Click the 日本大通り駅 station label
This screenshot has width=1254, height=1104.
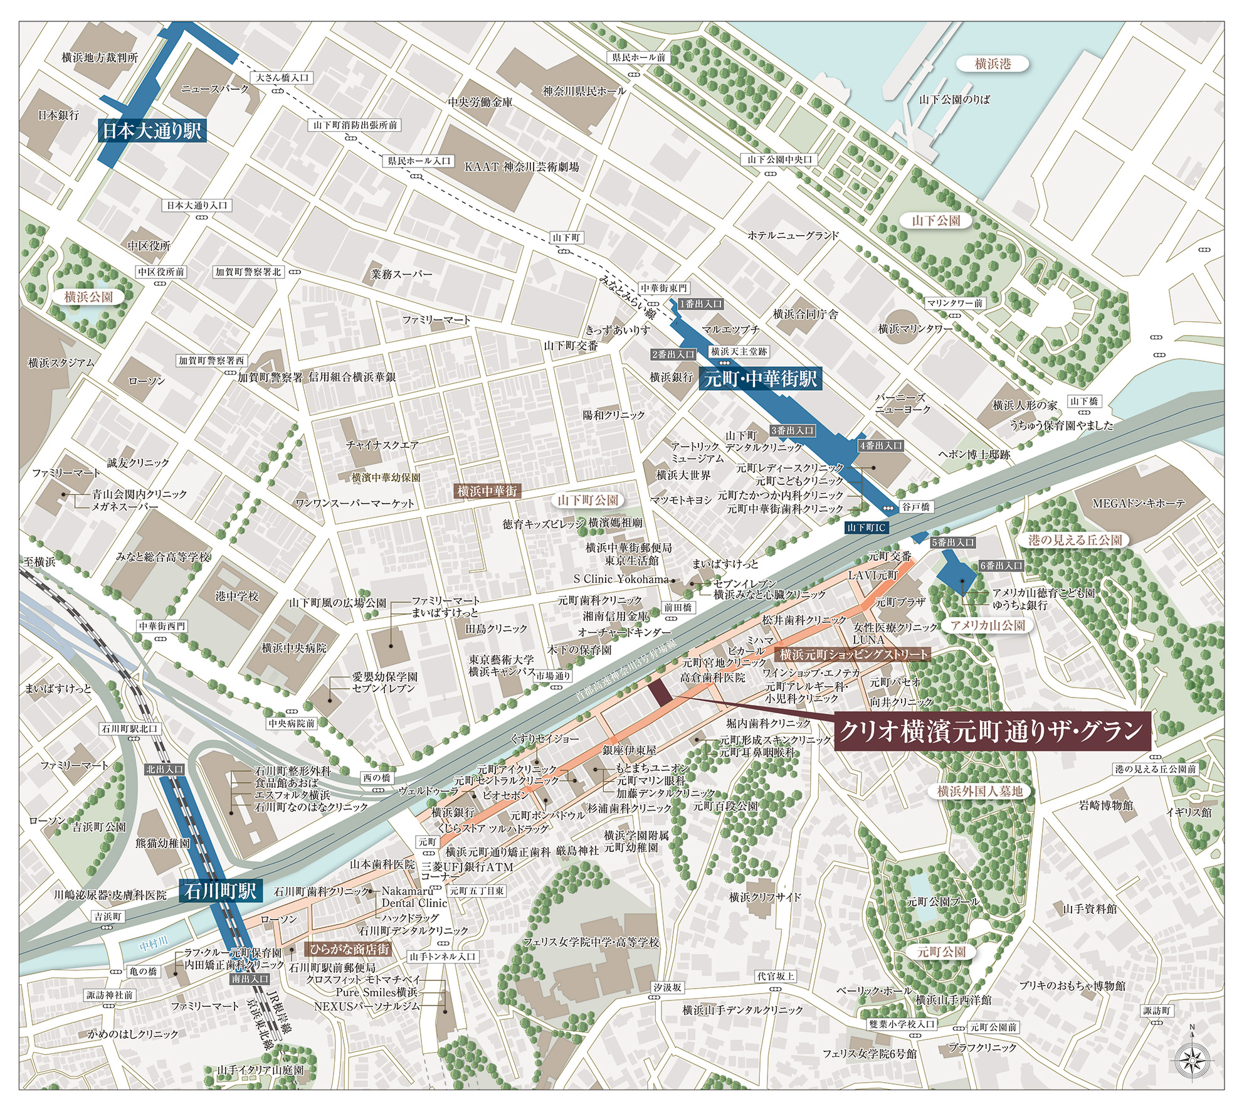152,130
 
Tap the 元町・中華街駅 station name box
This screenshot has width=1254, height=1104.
760,378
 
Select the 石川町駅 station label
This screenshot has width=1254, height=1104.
220,891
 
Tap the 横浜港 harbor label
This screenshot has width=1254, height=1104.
993,64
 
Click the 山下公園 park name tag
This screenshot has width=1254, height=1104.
935,221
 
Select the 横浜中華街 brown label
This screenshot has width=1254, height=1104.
487,491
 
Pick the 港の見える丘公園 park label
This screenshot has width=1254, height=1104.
1075,540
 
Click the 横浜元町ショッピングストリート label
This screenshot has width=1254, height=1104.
853,654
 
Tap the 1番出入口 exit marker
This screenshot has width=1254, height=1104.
701,304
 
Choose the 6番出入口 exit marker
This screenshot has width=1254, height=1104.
1001,566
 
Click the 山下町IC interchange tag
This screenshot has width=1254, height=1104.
866,528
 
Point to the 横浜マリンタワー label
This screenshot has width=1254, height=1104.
915,329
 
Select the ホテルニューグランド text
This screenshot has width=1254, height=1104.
793,236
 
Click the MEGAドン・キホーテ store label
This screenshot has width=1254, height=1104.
1139,503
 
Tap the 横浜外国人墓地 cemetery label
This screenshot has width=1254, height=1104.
979,792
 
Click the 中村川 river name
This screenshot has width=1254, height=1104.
153,943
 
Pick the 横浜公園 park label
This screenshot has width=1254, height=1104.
88,297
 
